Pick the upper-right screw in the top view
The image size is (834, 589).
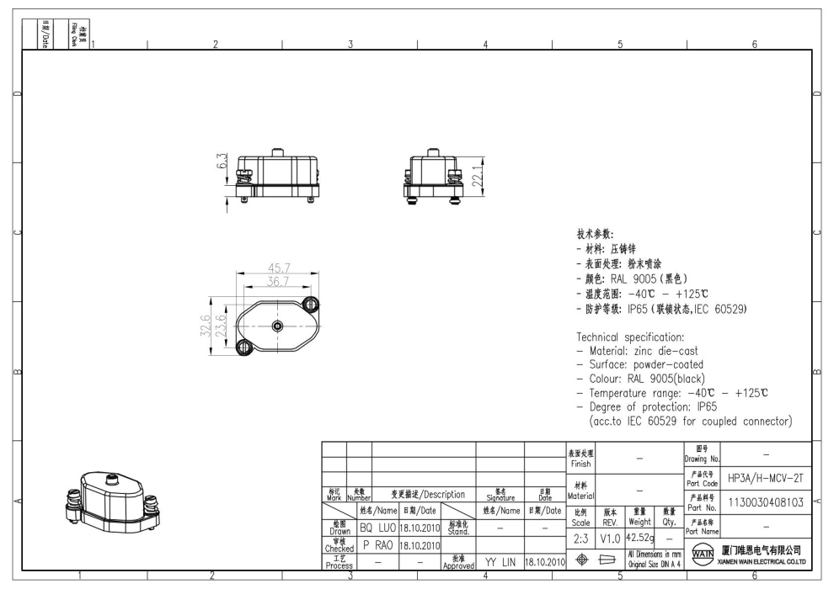[311, 303]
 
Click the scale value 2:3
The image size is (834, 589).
[580, 537]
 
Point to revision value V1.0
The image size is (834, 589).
[612, 537]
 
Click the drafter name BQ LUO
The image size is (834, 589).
[377, 527]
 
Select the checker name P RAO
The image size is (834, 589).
[377, 545]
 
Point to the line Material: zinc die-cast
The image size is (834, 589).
[644, 351]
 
